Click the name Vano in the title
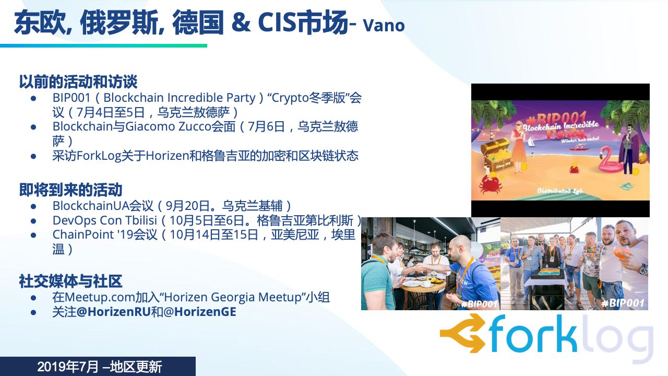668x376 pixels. (x=384, y=26)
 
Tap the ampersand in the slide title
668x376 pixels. (x=241, y=22)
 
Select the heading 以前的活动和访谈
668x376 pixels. (x=78, y=81)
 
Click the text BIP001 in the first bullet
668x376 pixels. (x=71, y=98)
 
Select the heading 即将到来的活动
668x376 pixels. (x=70, y=190)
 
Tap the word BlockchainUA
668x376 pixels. (x=91, y=206)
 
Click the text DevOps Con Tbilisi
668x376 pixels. (x=105, y=220)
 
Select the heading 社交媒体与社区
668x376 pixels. (x=70, y=281)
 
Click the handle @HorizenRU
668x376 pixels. (x=114, y=312)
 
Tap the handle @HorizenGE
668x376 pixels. (x=200, y=312)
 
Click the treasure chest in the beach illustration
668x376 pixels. (x=496, y=156)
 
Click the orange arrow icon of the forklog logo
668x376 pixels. (x=462, y=334)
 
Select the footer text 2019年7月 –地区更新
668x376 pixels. (x=100, y=367)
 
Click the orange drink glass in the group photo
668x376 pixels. (x=621, y=254)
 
